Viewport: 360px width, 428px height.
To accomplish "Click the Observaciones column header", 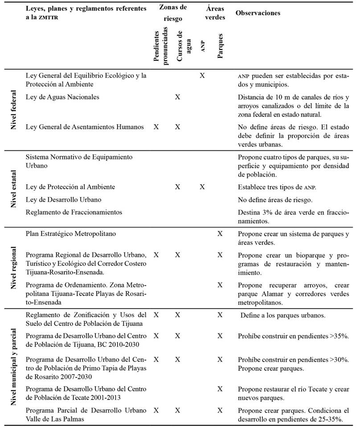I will click(258, 13).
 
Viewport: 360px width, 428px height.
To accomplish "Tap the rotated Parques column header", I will click(220, 45).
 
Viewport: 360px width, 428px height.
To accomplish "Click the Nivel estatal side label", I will click(14, 189).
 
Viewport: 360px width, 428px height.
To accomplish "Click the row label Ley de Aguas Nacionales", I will click(62, 97).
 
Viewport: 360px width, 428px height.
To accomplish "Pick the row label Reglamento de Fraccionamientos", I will click(74, 212).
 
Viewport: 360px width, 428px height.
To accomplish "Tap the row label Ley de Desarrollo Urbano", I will click(64, 199).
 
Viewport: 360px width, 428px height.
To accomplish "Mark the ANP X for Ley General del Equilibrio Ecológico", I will click(202, 76).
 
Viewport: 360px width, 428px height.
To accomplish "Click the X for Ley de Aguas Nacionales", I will click(177, 97).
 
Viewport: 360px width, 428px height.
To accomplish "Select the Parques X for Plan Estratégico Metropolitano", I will click(220, 234).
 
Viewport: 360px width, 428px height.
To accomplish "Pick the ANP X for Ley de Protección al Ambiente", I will click(202, 187).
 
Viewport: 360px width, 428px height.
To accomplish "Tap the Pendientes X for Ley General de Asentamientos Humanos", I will click(156, 127).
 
